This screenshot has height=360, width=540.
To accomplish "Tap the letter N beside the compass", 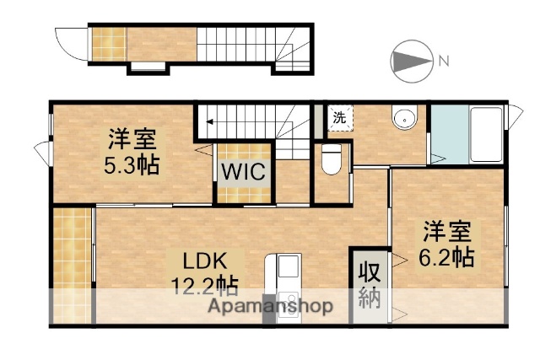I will (x=443, y=60).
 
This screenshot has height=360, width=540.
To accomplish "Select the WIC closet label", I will (x=244, y=172).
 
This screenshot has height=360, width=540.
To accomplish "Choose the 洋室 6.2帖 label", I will (x=446, y=244).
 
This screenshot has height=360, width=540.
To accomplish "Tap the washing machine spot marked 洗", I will (x=339, y=118).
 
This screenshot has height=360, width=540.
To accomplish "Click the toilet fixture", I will (x=332, y=159).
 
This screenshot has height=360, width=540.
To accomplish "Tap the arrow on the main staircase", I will (x=208, y=122).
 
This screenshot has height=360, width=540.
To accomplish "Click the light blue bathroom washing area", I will (x=445, y=135).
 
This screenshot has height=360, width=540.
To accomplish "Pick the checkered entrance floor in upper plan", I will (x=108, y=42).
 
